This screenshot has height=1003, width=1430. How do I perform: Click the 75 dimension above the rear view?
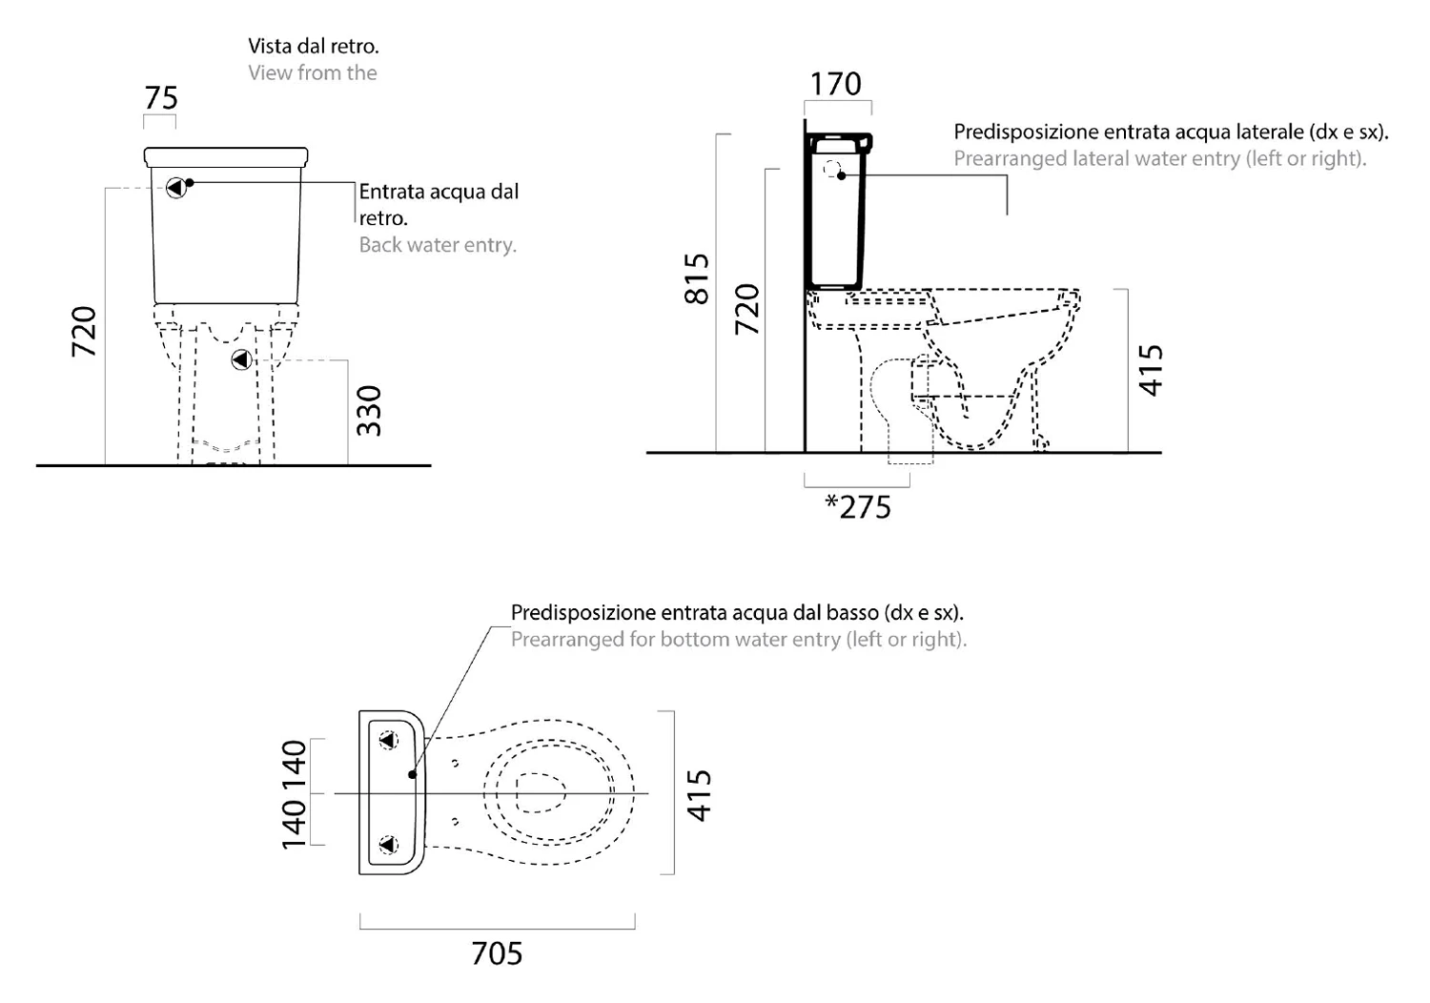click(x=161, y=98)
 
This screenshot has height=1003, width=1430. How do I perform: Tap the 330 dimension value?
click(x=369, y=411)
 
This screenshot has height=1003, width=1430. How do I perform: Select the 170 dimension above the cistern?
click(x=836, y=84)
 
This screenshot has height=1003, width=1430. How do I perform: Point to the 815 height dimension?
click(x=697, y=279)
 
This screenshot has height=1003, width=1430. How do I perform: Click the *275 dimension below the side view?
click(x=857, y=507)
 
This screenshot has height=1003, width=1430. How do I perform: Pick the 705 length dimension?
click(x=497, y=953)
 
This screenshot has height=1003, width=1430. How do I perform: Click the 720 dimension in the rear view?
click(x=84, y=332)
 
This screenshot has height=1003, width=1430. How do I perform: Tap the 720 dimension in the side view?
click(x=747, y=310)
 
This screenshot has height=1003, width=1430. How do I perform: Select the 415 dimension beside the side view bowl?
click(x=1151, y=370)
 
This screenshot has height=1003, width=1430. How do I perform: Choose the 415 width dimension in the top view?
click(x=699, y=795)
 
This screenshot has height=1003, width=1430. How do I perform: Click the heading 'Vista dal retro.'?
click(x=314, y=46)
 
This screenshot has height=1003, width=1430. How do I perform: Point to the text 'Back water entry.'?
click(x=438, y=245)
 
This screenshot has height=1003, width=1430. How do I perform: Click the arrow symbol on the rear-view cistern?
click(x=175, y=189)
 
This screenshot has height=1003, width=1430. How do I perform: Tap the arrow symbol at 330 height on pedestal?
click(x=241, y=360)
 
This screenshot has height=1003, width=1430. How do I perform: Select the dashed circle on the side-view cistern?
click(x=831, y=169)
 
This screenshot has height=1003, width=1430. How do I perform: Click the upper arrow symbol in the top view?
click(x=388, y=741)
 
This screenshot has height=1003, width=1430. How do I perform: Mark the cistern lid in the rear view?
click(x=226, y=157)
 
